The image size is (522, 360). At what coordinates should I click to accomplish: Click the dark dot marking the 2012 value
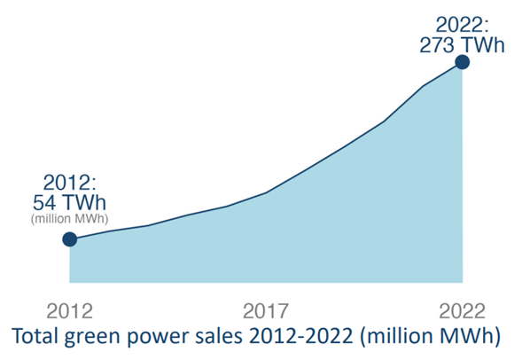(70, 239)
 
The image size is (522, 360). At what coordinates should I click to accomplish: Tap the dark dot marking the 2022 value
(462, 61)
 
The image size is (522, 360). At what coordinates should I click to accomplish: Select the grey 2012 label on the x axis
(70, 311)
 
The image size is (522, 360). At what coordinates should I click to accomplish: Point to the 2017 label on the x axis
(266, 311)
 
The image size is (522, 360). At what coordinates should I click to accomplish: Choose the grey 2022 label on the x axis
(462, 311)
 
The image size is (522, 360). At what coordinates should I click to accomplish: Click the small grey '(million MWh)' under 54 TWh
(68, 219)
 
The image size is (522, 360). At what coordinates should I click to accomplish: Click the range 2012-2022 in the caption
(308, 337)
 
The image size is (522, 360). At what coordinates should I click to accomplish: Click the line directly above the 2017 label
(266, 192)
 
